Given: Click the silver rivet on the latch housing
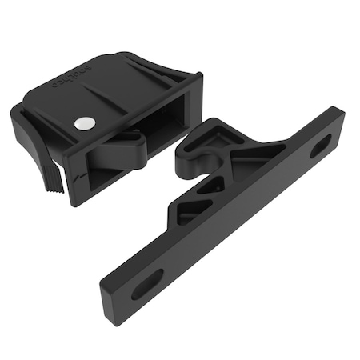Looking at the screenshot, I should (x=85, y=122).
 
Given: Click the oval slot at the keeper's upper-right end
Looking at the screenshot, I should (x=320, y=145).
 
